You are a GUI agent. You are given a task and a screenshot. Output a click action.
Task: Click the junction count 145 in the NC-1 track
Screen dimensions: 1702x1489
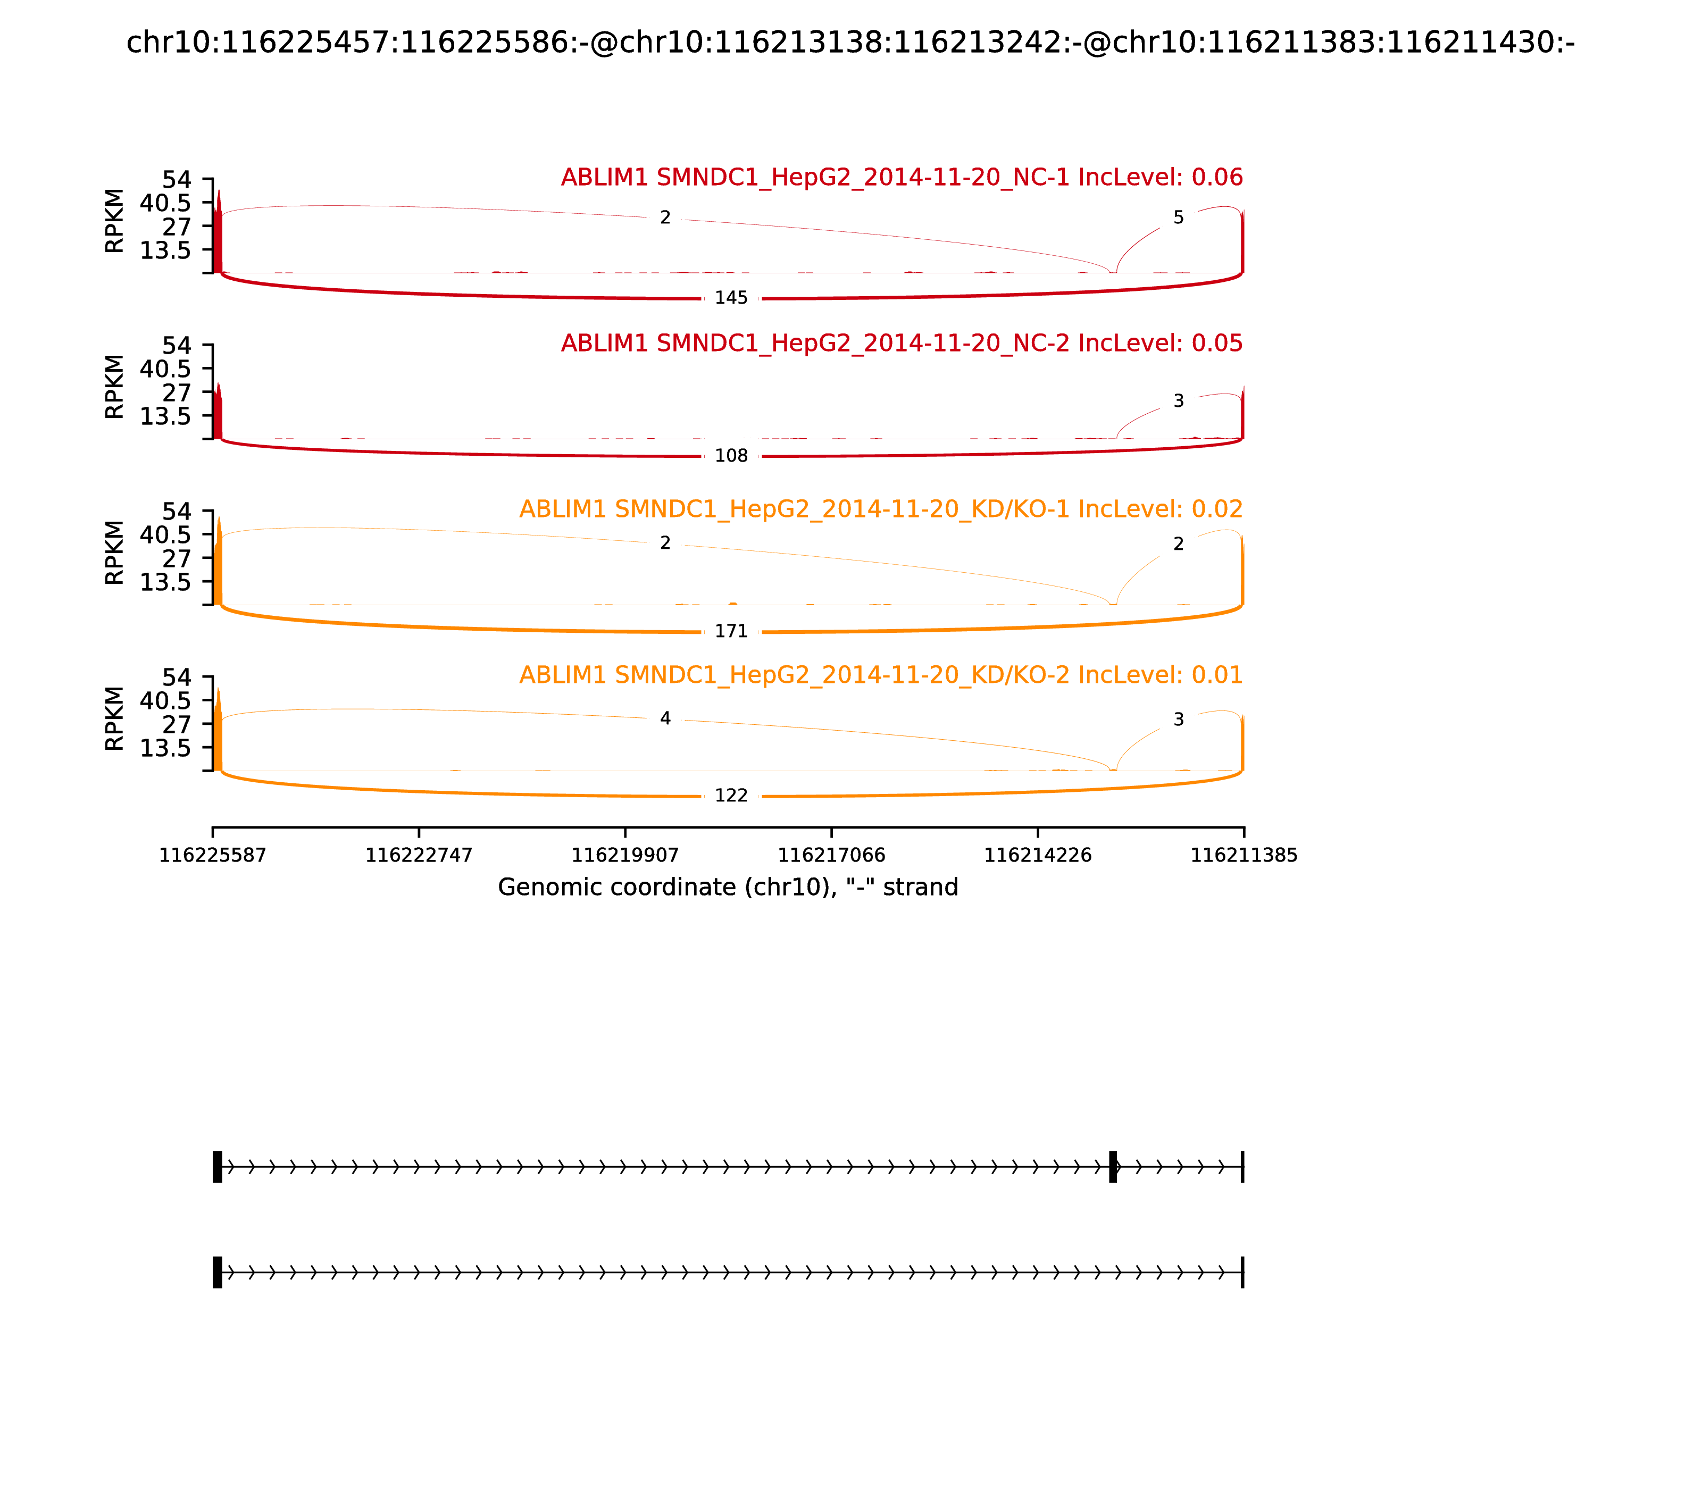click(731, 297)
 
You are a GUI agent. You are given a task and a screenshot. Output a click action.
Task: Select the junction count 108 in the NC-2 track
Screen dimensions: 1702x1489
click(731, 455)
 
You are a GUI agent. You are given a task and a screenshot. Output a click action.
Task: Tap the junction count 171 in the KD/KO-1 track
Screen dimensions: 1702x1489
click(731, 631)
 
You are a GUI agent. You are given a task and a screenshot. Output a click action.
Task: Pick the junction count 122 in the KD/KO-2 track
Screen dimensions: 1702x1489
click(731, 795)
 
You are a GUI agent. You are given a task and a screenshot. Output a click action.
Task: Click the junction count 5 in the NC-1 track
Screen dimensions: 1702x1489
click(1179, 218)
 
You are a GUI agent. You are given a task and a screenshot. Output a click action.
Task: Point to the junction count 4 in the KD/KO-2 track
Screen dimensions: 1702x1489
click(665, 718)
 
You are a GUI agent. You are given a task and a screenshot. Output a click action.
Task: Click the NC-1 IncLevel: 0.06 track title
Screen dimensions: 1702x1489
click(902, 177)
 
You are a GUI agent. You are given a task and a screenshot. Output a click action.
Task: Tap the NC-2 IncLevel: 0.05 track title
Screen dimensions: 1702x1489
click(902, 342)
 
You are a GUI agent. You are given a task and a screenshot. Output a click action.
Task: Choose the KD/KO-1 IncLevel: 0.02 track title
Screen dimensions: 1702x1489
click(881, 508)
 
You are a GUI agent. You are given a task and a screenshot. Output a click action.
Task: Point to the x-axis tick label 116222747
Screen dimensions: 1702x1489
click(419, 855)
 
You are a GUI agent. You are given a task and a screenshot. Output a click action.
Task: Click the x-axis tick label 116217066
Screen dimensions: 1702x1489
click(831, 855)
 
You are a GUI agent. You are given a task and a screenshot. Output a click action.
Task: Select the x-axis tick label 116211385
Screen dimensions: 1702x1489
click(1244, 855)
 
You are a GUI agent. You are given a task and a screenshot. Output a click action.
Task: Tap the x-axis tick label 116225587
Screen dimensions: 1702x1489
click(213, 855)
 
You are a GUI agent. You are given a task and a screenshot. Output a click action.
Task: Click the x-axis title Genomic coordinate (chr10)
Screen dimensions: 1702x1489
click(728, 888)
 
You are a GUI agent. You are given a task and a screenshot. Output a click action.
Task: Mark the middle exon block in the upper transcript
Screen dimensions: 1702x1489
click(1113, 1167)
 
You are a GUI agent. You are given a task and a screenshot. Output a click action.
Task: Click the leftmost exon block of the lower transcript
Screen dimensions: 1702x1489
click(217, 1272)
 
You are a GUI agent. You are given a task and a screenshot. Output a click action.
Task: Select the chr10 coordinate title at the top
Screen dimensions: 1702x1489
click(850, 43)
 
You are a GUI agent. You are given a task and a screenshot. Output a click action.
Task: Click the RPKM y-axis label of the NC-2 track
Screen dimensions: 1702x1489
click(115, 387)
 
